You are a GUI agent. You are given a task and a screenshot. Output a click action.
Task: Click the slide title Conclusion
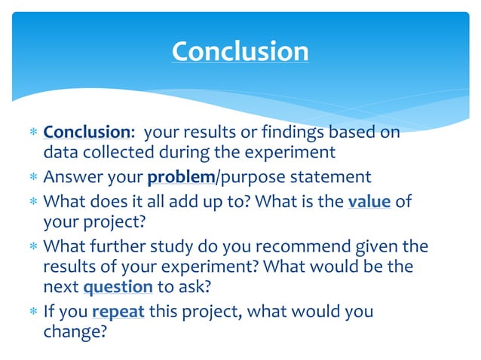coord(240,51)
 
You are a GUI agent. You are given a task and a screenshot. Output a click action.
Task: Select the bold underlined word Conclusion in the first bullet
coord(87,132)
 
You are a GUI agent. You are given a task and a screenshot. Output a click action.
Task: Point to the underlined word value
coord(369,201)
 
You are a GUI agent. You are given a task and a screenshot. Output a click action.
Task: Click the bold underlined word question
coord(118,287)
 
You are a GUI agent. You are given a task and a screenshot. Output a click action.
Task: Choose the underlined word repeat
coord(118,310)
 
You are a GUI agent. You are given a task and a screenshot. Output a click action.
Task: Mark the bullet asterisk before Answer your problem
coord(33,178)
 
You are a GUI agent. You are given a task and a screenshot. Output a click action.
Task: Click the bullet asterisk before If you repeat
coord(33,311)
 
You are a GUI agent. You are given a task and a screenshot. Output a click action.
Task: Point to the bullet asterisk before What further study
coord(33,246)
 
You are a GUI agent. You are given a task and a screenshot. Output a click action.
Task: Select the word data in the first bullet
coord(59,153)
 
